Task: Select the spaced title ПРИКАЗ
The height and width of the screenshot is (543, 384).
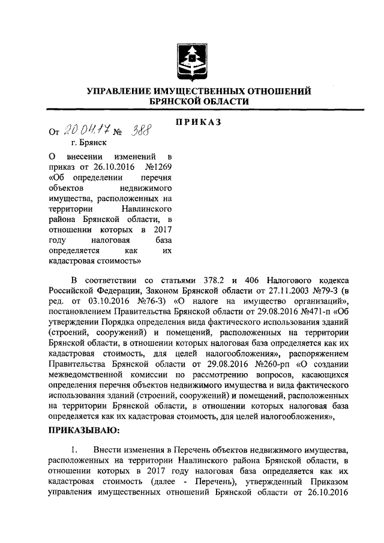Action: pyautogui.click(x=198, y=122)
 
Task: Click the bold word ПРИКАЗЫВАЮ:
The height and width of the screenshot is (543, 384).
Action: pyautogui.click(x=84, y=430)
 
